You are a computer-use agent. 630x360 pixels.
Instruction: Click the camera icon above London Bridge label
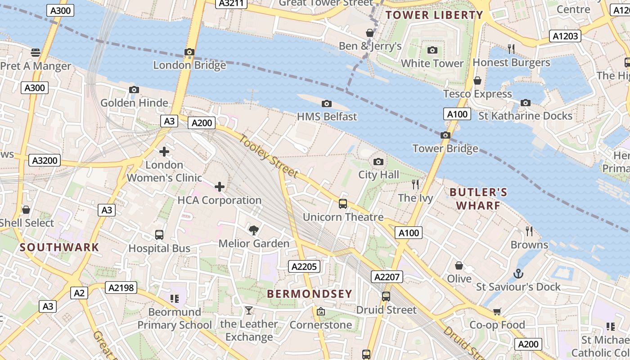click(x=189, y=52)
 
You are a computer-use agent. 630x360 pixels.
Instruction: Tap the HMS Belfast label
click(x=327, y=117)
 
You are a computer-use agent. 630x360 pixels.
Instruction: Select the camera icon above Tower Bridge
click(x=445, y=135)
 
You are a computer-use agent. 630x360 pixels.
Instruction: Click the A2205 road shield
click(x=305, y=266)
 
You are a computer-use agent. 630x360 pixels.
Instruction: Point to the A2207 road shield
click(x=387, y=277)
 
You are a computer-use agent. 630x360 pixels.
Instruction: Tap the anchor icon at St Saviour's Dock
click(x=518, y=273)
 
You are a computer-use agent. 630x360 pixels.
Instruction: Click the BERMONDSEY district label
click(x=310, y=294)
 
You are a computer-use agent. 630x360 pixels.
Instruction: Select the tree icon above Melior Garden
click(x=254, y=230)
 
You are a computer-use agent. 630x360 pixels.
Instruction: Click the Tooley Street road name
click(x=269, y=156)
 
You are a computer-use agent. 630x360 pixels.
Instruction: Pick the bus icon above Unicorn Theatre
click(x=343, y=204)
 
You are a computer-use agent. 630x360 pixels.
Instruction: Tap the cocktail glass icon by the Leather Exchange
click(x=248, y=310)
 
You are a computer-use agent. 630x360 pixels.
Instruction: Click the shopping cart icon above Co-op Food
click(x=497, y=311)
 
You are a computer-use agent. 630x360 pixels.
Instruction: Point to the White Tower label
click(x=432, y=63)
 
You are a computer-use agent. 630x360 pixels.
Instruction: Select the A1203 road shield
click(x=565, y=36)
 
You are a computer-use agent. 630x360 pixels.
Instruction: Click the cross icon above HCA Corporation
click(x=220, y=187)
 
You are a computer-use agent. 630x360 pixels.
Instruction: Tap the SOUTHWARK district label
click(x=59, y=247)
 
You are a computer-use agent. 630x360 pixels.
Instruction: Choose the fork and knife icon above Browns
click(x=529, y=231)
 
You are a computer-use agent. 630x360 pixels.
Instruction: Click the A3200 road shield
click(x=45, y=160)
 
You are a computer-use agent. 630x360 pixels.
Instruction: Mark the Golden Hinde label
click(x=134, y=103)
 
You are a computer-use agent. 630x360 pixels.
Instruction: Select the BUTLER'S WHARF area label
click(x=478, y=199)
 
